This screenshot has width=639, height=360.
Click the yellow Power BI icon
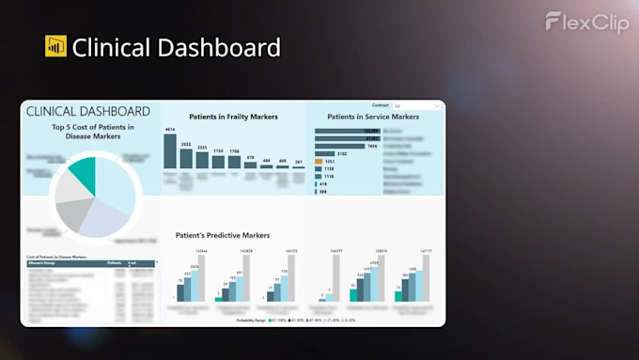tap(55, 46)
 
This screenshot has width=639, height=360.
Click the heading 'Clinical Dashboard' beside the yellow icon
tap(176, 47)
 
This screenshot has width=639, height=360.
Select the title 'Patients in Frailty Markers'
tap(233, 117)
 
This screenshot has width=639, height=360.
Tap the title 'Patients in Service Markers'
tap(372, 117)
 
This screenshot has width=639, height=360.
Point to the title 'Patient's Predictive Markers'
tap(223, 235)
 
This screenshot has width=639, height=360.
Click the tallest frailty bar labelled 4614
tap(170, 150)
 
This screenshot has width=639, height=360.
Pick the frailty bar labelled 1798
tap(234, 162)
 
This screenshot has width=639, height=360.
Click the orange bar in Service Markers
tap(319, 161)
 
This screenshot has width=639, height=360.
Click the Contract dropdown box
tap(416, 106)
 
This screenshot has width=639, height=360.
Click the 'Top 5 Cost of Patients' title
tap(93, 132)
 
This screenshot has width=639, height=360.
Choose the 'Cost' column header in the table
tap(132, 263)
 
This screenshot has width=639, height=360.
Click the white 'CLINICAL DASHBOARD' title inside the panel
tap(88, 111)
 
